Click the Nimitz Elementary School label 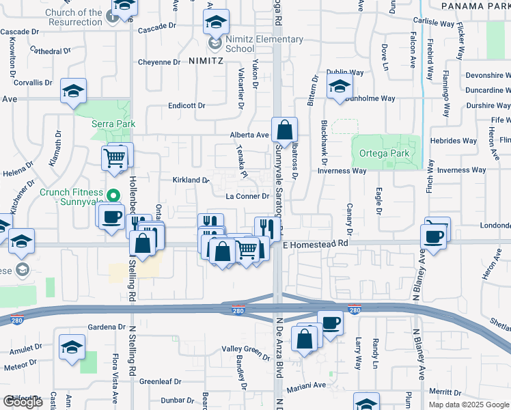click(x=264, y=44)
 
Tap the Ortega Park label click(x=384, y=153)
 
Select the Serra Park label click(x=114, y=124)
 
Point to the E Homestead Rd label click(x=316, y=243)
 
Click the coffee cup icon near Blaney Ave click(x=436, y=236)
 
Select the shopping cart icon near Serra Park click(x=114, y=159)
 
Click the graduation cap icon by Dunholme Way click(x=340, y=87)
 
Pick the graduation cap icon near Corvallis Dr click(x=73, y=91)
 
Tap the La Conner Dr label click(x=250, y=197)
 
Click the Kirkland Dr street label click(x=191, y=180)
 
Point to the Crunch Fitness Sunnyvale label click(x=71, y=197)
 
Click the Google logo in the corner click(x=23, y=402)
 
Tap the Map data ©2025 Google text click(x=468, y=405)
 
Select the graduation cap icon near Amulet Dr click(x=72, y=346)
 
